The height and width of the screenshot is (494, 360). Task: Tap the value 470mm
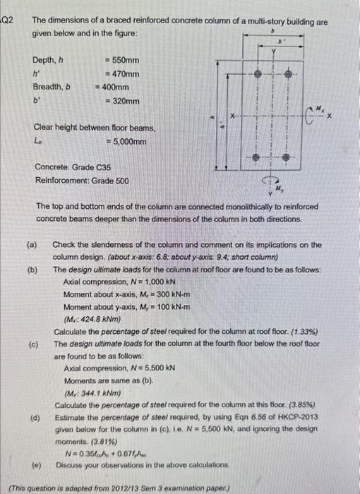point(121,74)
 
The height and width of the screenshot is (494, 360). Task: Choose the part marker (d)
point(33,418)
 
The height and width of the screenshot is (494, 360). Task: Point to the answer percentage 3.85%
point(303,405)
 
